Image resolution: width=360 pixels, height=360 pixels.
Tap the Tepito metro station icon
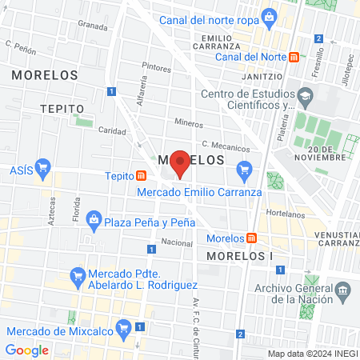click(141, 176)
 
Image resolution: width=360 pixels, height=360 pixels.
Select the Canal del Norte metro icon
click(294, 57)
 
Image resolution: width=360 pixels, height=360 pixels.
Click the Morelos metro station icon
click(252, 238)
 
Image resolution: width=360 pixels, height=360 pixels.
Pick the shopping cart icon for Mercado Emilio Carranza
click(245, 168)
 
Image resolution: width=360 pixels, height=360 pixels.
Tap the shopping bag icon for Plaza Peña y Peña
click(94, 219)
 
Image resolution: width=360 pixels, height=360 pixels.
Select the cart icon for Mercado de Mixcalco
click(123, 327)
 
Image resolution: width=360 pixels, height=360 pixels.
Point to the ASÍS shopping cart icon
click(43, 169)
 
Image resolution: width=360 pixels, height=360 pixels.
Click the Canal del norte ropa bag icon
click(269, 15)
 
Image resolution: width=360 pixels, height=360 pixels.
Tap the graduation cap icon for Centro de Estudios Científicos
click(304, 97)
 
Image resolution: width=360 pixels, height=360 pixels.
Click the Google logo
click(26, 350)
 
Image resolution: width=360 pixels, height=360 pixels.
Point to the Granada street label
click(92, 26)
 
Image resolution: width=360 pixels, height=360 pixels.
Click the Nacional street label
click(177, 242)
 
